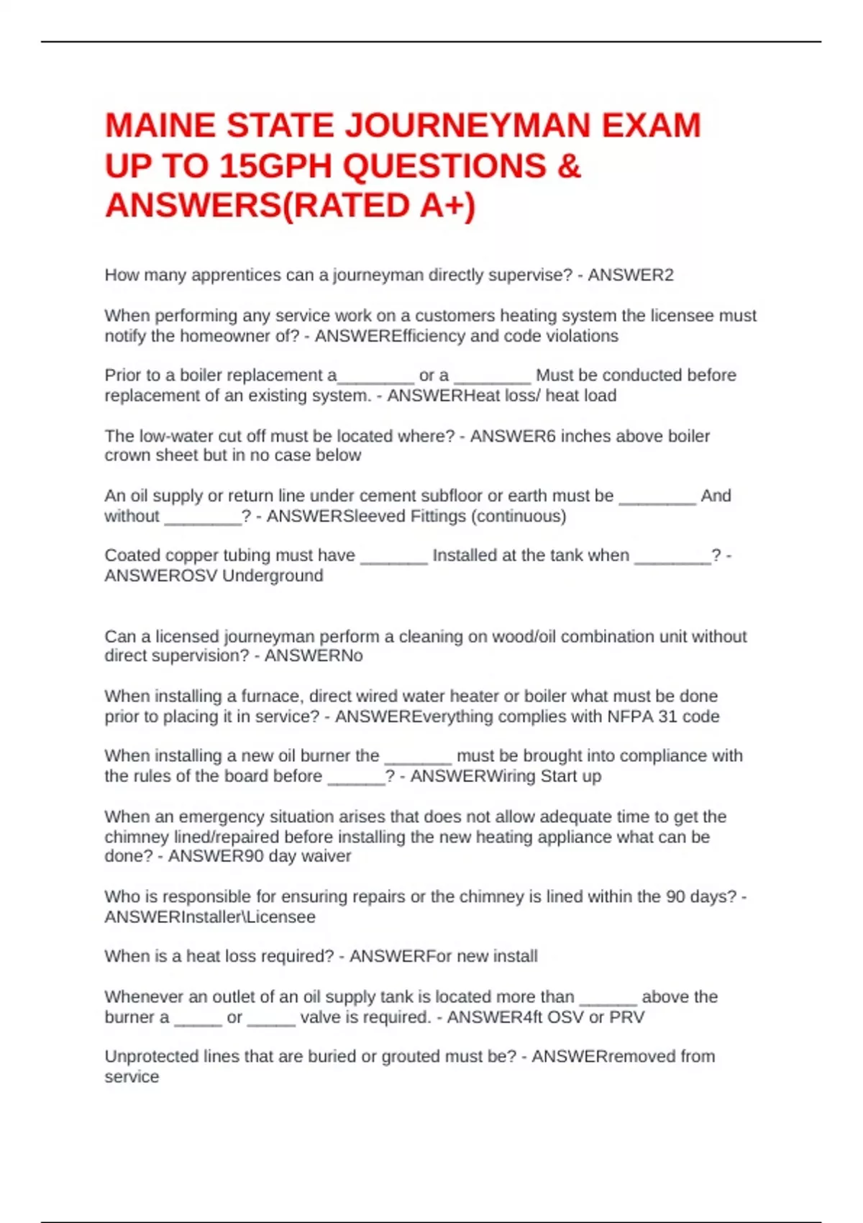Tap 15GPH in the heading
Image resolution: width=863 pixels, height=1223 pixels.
pos(277,166)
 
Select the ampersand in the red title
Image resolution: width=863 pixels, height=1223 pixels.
pos(568,166)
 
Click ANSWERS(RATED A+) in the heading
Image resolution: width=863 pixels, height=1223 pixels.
pos(290,206)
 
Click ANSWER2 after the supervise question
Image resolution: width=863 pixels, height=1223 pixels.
pos(631,276)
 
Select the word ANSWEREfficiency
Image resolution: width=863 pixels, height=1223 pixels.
pos(390,336)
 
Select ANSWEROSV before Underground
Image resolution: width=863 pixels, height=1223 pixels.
pos(161,576)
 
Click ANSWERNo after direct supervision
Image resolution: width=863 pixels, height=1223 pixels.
pos(314,656)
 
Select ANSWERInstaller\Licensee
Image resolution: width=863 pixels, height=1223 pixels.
pos(210,917)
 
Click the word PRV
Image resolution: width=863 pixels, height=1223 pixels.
pos(627,1017)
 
